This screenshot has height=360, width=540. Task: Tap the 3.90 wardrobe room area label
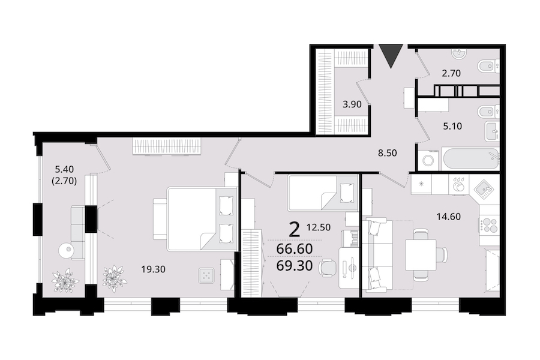pyautogui.click(x=352, y=104)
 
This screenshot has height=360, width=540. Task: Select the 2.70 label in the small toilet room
pyautogui.click(x=451, y=73)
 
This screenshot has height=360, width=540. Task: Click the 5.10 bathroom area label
pyautogui.click(x=452, y=127)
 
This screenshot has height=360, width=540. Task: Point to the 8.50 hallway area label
pyautogui.click(x=388, y=152)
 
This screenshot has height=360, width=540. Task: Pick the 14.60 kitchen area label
pyautogui.click(x=449, y=217)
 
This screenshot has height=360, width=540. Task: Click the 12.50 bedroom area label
pyautogui.click(x=319, y=227)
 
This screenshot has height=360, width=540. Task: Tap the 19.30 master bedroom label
pyautogui.click(x=153, y=269)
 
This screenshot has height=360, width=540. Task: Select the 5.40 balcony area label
pyautogui.click(x=64, y=169)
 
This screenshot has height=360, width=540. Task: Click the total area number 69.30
pyautogui.click(x=295, y=266)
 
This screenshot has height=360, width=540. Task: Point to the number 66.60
pyautogui.click(x=295, y=249)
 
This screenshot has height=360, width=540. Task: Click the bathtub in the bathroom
pyautogui.click(x=471, y=159)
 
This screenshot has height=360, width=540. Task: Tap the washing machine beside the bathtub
pyautogui.click(x=429, y=160)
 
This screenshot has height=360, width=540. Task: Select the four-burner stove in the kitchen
pyautogui.click(x=489, y=226)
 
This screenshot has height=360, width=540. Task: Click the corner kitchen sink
pyautogui.click(x=485, y=190)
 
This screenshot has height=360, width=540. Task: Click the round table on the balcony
pyautogui.click(x=65, y=250)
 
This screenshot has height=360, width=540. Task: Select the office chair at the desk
pyautogui.click(x=328, y=268)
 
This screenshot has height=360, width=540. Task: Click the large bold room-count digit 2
pyautogui.click(x=295, y=230)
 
